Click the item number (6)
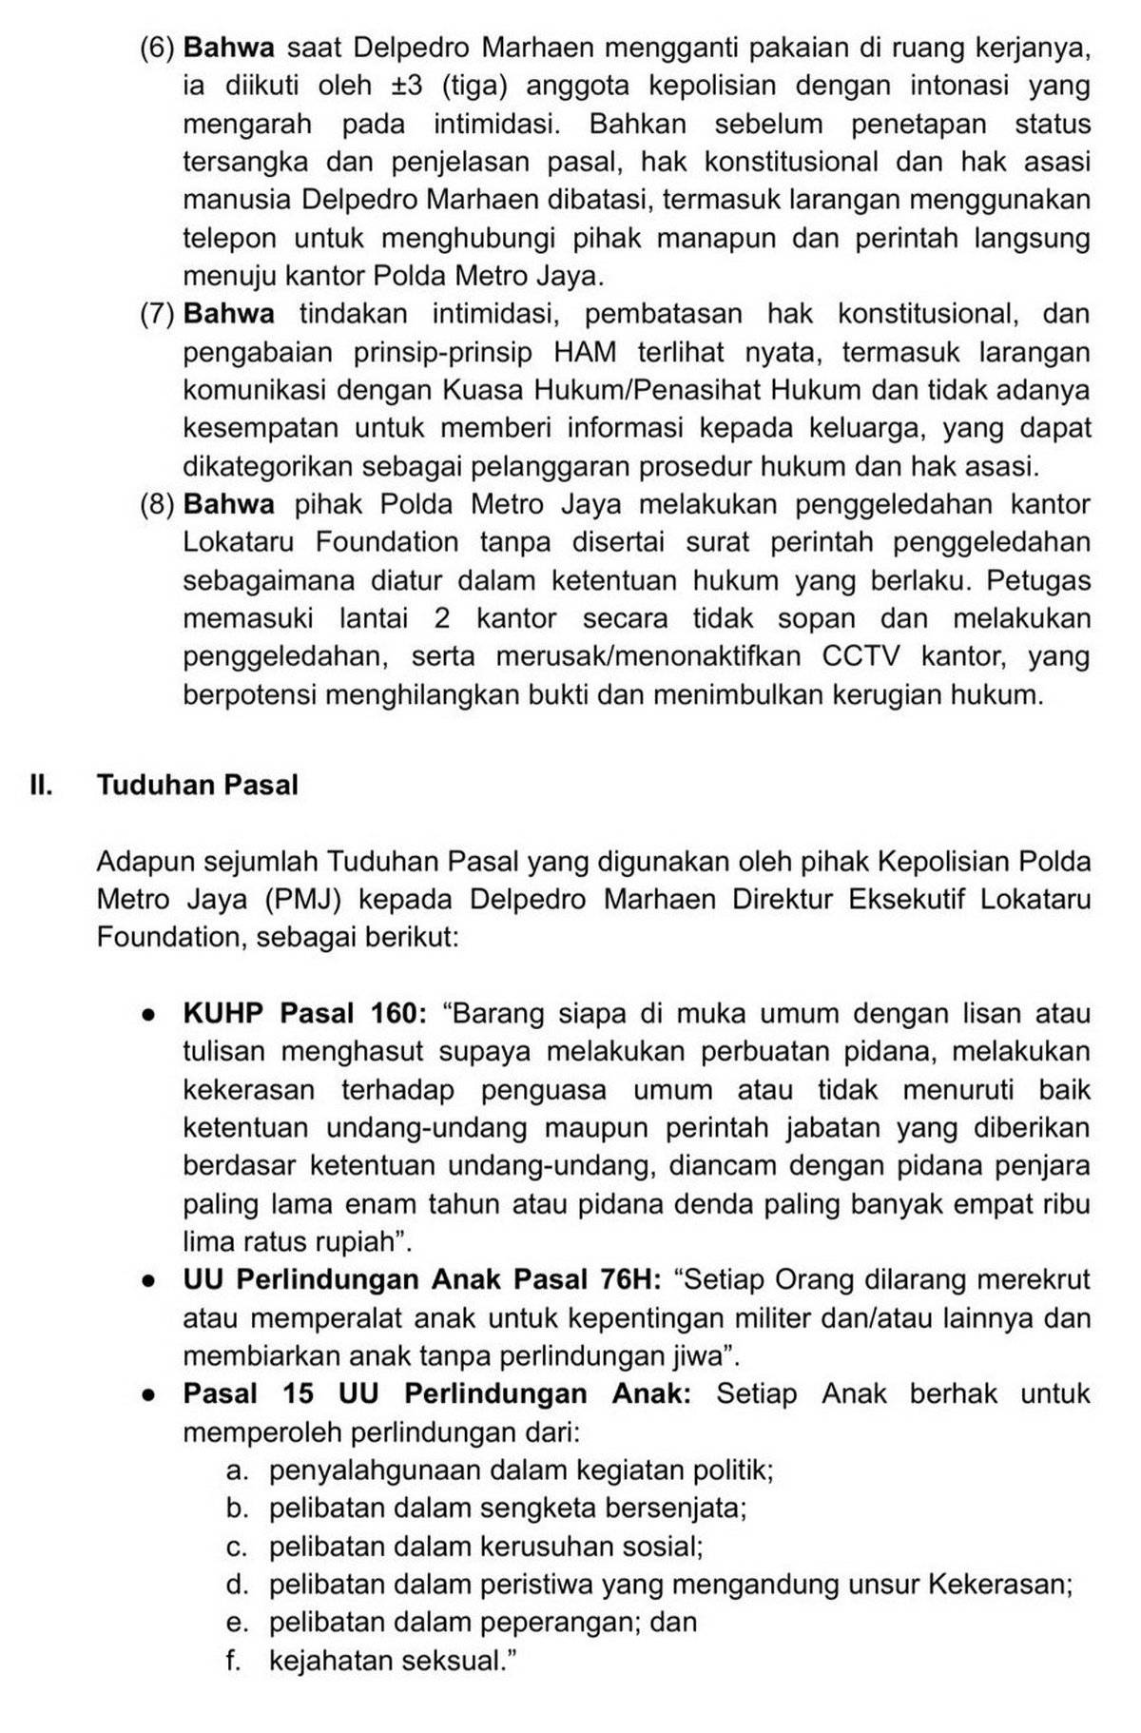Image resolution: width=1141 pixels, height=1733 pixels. click(156, 48)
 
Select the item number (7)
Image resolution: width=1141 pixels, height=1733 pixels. click(156, 314)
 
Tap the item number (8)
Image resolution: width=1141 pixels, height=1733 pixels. click(156, 504)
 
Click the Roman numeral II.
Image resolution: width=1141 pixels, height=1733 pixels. click(41, 786)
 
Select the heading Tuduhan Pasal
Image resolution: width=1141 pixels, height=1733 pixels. click(197, 786)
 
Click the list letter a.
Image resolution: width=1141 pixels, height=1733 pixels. click(237, 1470)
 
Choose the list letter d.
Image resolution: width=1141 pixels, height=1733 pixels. click(237, 1585)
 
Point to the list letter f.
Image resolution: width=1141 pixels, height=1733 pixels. click(234, 1661)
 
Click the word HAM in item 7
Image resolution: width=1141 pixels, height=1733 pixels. click(584, 352)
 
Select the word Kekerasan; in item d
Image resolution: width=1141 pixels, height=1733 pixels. click(1000, 1585)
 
